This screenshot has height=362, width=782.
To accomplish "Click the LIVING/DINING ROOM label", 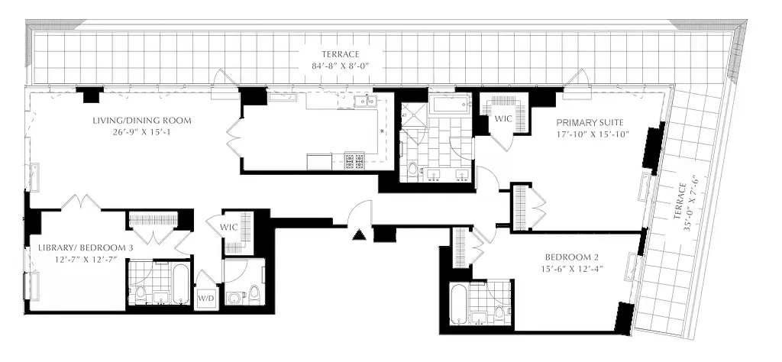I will click(141, 121).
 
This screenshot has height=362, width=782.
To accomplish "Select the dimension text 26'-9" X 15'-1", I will click(141, 133).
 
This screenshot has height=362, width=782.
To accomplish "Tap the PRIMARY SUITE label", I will click(590, 122).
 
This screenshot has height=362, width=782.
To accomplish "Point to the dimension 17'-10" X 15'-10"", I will click(590, 134).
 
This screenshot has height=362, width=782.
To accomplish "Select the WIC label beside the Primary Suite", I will click(503, 119).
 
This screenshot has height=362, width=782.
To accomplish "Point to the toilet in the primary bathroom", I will click(412, 169).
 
